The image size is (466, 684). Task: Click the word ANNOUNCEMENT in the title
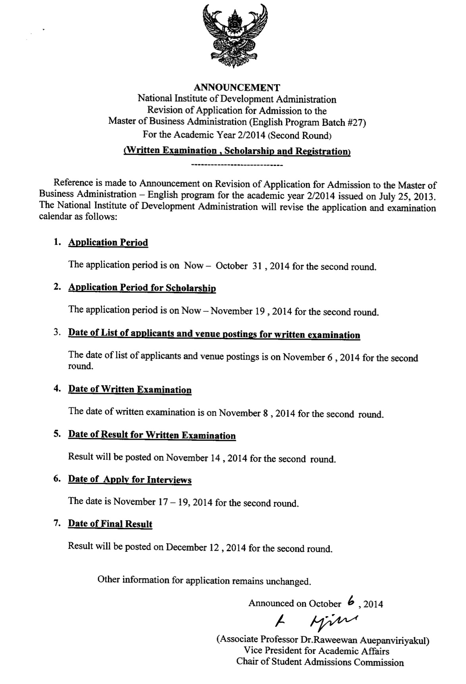[237, 88]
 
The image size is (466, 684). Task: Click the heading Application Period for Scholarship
[142, 288]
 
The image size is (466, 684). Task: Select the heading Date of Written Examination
[130, 390]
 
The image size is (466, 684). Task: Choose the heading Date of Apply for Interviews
[130, 480]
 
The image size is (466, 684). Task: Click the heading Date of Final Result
[110, 524]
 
